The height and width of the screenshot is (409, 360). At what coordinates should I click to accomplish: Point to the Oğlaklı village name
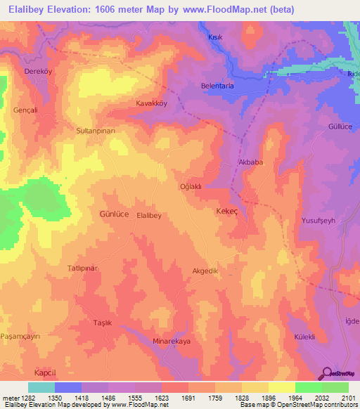click(x=191, y=186)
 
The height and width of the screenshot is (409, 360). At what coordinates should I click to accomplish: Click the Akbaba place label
click(x=251, y=162)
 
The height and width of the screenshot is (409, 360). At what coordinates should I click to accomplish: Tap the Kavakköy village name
click(x=151, y=103)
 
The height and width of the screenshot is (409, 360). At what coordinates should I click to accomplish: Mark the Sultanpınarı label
click(x=100, y=131)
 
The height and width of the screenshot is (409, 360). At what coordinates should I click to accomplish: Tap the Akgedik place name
click(x=206, y=271)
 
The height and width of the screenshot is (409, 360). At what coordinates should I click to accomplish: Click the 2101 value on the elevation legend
click(x=348, y=397)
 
